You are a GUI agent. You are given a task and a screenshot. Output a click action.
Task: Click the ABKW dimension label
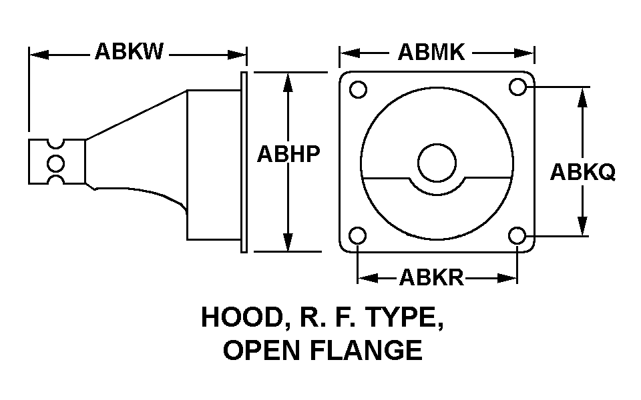[x=129, y=51]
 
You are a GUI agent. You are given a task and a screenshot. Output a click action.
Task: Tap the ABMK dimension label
[x=431, y=52]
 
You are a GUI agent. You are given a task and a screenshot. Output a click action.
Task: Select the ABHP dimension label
[x=288, y=154]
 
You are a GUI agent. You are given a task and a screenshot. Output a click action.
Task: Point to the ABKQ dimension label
[x=582, y=172]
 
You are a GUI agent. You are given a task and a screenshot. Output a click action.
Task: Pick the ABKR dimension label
[x=432, y=277]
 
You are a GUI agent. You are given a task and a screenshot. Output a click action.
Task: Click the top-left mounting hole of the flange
[x=359, y=89]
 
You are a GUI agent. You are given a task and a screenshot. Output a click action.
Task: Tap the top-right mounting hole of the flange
[x=518, y=87]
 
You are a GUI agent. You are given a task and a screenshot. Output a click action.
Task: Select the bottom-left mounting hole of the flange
[x=358, y=235]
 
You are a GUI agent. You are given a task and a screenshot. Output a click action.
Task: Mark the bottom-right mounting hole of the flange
[x=517, y=235]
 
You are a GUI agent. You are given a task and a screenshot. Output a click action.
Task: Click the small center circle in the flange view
[x=437, y=163]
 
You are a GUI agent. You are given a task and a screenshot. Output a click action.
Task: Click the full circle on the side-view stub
[x=55, y=164]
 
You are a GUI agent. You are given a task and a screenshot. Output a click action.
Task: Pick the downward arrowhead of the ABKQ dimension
[x=582, y=226]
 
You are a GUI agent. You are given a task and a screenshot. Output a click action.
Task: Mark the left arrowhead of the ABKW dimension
[x=39, y=55]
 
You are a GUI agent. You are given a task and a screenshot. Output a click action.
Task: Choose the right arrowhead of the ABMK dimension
[x=525, y=53]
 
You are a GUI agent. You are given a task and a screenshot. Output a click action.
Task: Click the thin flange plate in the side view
[x=244, y=162]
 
